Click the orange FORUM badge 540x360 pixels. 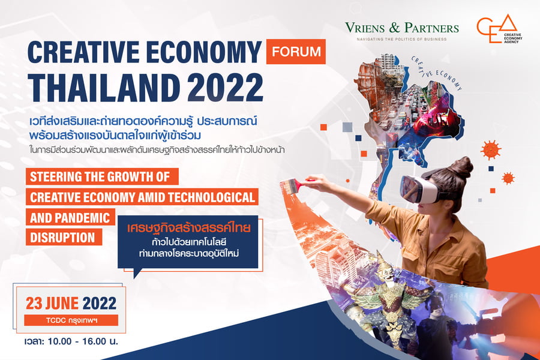pos(296,52)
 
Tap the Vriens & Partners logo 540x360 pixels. pos(402,31)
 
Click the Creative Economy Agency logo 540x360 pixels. pos(499,29)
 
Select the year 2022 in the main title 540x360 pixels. pos(225,88)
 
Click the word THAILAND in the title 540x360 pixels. pos(104,88)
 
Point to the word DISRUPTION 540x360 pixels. pos(62,238)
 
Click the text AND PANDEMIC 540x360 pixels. pos(70,217)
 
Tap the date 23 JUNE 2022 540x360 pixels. pos(71,303)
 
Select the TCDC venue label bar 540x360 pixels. pos(71,320)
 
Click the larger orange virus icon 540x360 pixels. pos(491,150)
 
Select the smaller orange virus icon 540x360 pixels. pos(508,178)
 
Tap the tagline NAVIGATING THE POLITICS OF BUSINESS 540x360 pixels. pos(401,39)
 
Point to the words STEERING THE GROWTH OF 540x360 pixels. pos(100,177)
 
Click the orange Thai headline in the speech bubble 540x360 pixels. pos(188,228)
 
